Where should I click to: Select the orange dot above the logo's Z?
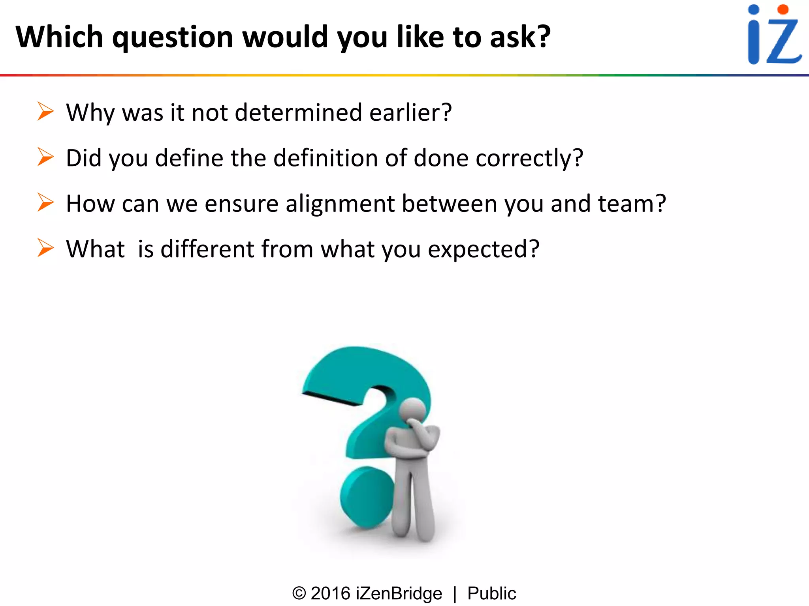(x=783, y=9)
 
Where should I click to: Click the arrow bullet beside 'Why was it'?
(x=45, y=111)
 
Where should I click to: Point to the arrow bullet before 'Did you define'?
(x=45, y=157)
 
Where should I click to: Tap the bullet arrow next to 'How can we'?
(x=45, y=202)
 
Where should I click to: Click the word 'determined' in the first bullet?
(x=298, y=112)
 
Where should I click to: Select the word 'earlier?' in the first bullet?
(x=410, y=112)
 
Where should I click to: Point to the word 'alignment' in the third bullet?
(x=340, y=204)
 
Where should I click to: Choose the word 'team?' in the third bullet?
(x=632, y=204)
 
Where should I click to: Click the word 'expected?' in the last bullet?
(x=484, y=249)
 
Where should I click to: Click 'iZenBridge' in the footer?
(x=399, y=593)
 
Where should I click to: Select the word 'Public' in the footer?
(x=491, y=593)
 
